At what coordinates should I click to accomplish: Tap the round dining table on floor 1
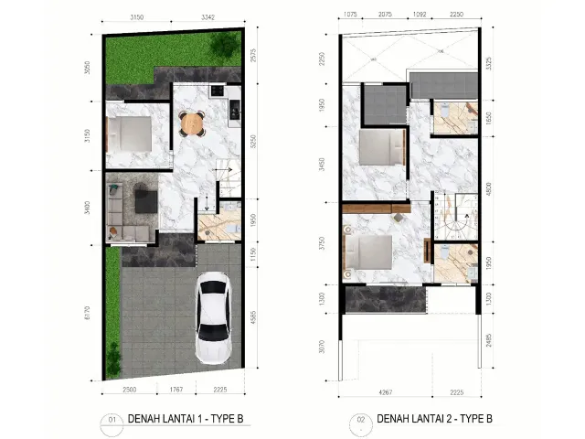point(190,122)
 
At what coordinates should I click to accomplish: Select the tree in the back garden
point(220,47)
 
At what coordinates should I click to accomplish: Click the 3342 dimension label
point(209,16)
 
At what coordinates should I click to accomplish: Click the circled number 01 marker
point(113,420)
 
